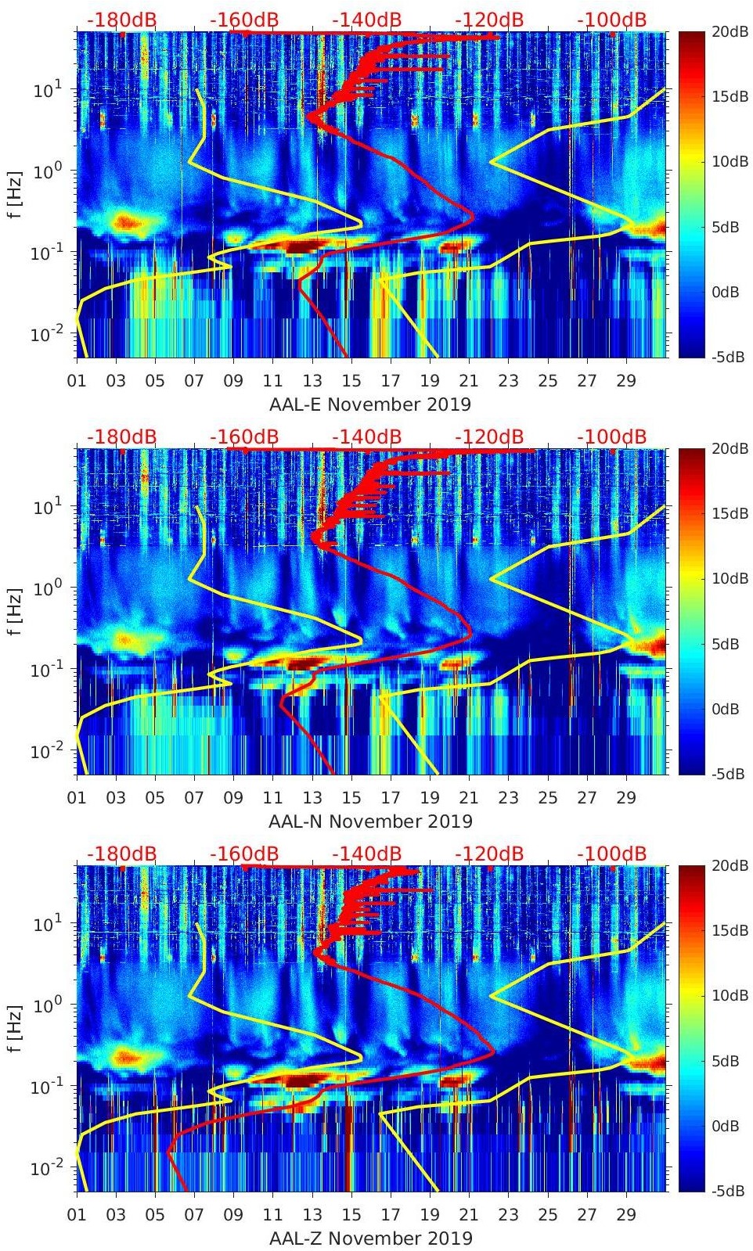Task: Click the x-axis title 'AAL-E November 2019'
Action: click(x=370, y=404)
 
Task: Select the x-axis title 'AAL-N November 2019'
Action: click(x=370, y=821)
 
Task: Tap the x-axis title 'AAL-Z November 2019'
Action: click(x=370, y=1238)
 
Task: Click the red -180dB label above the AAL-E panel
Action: click(x=121, y=20)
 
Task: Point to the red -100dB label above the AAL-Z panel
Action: click(x=611, y=854)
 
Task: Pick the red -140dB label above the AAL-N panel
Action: click(x=366, y=437)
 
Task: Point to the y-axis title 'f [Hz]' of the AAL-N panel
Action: click(x=13, y=612)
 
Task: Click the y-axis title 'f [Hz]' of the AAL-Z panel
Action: click(x=13, y=1029)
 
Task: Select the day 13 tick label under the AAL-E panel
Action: click(x=312, y=381)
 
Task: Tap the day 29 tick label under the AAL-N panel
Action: click(x=626, y=798)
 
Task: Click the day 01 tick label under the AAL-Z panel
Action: click(x=77, y=1215)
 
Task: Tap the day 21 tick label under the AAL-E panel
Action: click(x=469, y=381)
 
